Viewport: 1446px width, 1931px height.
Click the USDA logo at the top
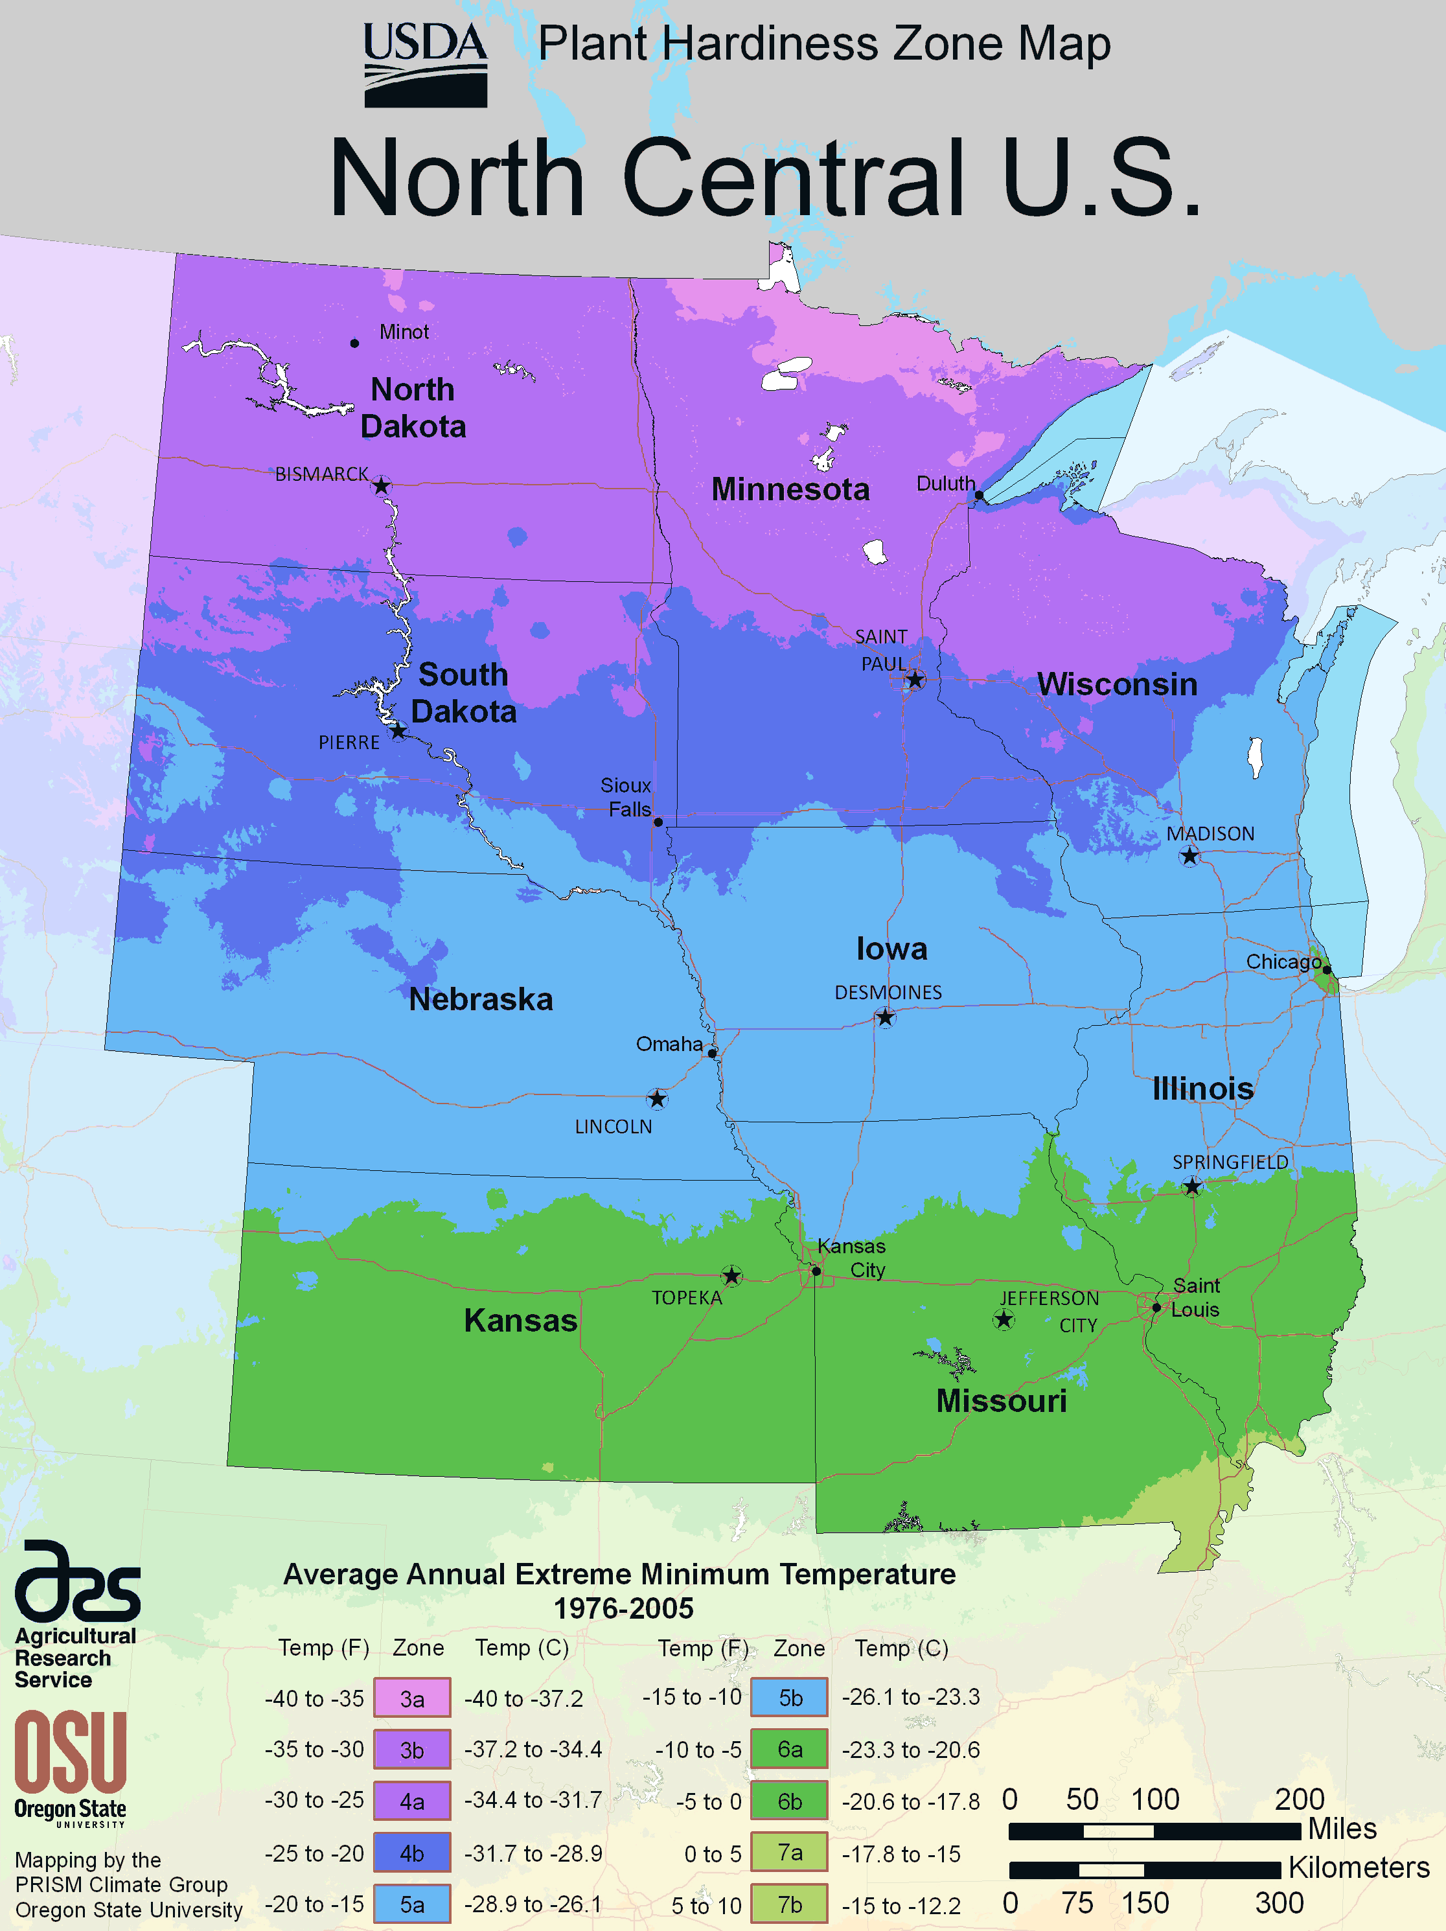tap(425, 64)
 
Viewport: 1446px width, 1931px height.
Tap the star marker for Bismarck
tap(382, 486)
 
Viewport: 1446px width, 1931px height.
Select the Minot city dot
tap(354, 343)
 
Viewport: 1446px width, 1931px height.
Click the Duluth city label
tap(945, 483)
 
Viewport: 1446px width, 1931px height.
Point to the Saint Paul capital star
tap(915, 679)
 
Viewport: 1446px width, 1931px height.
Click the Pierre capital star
tap(398, 731)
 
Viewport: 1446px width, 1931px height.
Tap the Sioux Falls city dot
tap(658, 822)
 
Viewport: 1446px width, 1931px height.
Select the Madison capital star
tap(1189, 857)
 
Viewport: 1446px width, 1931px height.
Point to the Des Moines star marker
tap(885, 1017)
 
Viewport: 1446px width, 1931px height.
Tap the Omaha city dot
tap(712, 1054)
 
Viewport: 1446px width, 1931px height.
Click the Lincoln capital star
tap(657, 1098)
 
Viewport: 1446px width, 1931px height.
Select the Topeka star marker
tap(731, 1277)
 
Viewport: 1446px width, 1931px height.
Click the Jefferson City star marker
tap(1004, 1319)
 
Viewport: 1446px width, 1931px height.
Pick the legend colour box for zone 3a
tap(412, 1698)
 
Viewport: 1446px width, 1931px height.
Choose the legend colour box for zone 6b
tap(789, 1800)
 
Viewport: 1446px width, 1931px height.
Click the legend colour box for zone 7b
tap(789, 1904)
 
